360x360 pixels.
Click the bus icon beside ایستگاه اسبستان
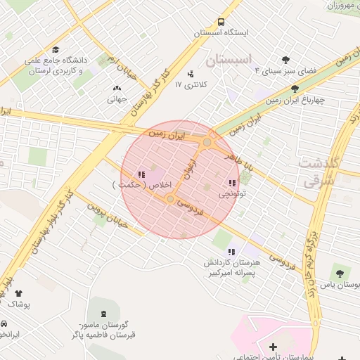point(221,22)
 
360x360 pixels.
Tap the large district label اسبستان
point(233,60)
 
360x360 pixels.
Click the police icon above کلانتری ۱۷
point(191,73)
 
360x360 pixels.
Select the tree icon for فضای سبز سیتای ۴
point(285,60)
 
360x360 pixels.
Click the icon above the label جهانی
point(117,89)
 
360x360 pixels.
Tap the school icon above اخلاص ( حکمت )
point(141,174)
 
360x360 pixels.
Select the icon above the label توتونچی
point(232,183)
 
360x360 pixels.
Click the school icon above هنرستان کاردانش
point(231,252)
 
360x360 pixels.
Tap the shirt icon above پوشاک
point(18,293)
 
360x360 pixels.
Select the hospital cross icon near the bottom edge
point(273,347)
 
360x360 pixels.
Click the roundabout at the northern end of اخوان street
point(207,143)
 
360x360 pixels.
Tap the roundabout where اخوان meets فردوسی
point(171,200)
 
